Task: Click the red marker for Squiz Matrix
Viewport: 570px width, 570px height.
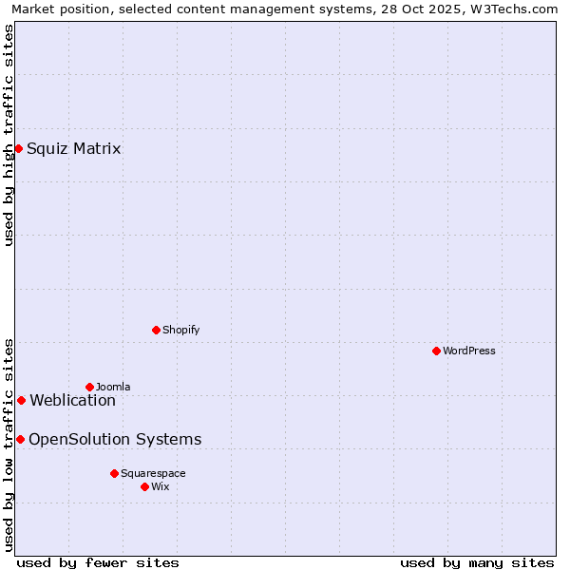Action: (x=18, y=148)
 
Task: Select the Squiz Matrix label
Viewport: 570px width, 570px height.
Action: (x=74, y=148)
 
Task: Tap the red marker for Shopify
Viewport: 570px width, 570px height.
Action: (x=156, y=330)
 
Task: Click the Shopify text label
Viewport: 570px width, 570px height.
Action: (x=180, y=330)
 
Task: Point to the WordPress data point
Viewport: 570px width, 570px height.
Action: (x=436, y=351)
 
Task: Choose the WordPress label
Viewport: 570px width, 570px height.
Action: (x=469, y=351)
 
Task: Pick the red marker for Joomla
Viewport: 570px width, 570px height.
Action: (x=89, y=387)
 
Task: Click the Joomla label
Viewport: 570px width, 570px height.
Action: (x=113, y=387)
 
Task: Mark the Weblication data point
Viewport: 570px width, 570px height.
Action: (x=21, y=400)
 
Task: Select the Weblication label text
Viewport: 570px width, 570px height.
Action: (x=73, y=400)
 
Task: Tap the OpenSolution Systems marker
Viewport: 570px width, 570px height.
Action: (x=20, y=439)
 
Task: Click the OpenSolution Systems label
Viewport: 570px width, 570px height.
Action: (x=115, y=439)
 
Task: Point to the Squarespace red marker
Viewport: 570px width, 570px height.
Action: (x=114, y=473)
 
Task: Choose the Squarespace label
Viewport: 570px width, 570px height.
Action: (x=153, y=473)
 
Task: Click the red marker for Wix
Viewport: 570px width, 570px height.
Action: (x=144, y=486)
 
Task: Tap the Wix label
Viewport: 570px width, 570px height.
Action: (x=161, y=486)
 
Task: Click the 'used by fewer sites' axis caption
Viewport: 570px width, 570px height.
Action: (x=98, y=562)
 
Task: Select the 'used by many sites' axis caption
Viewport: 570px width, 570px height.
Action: (x=477, y=562)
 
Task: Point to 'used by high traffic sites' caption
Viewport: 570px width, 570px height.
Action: (x=9, y=135)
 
